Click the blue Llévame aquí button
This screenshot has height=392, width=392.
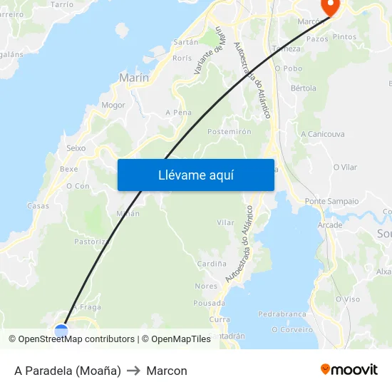click(x=195, y=175)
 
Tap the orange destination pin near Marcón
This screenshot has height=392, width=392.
click(x=331, y=6)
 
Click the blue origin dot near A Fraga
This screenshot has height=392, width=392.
click(x=61, y=330)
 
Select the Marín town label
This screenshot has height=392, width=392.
click(x=134, y=78)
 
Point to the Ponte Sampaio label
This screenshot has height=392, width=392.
click(x=331, y=202)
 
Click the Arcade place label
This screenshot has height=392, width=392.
click(x=330, y=225)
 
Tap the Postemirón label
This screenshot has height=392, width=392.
click(x=229, y=132)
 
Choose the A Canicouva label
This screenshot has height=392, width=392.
click(x=323, y=134)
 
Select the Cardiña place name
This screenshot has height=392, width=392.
click(x=212, y=264)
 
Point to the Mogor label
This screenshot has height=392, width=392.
click(x=113, y=105)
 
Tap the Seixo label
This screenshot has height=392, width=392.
click(x=76, y=148)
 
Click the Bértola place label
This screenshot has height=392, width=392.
click(x=304, y=88)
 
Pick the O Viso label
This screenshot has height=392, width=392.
click(x=347, y=299)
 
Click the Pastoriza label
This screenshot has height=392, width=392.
click(x=91, y=242)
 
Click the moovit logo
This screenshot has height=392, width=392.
click(x=349, y=369)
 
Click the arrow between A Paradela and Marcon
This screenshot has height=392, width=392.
click(x=133, y=371)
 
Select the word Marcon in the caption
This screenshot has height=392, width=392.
click(x=167, y=371)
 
